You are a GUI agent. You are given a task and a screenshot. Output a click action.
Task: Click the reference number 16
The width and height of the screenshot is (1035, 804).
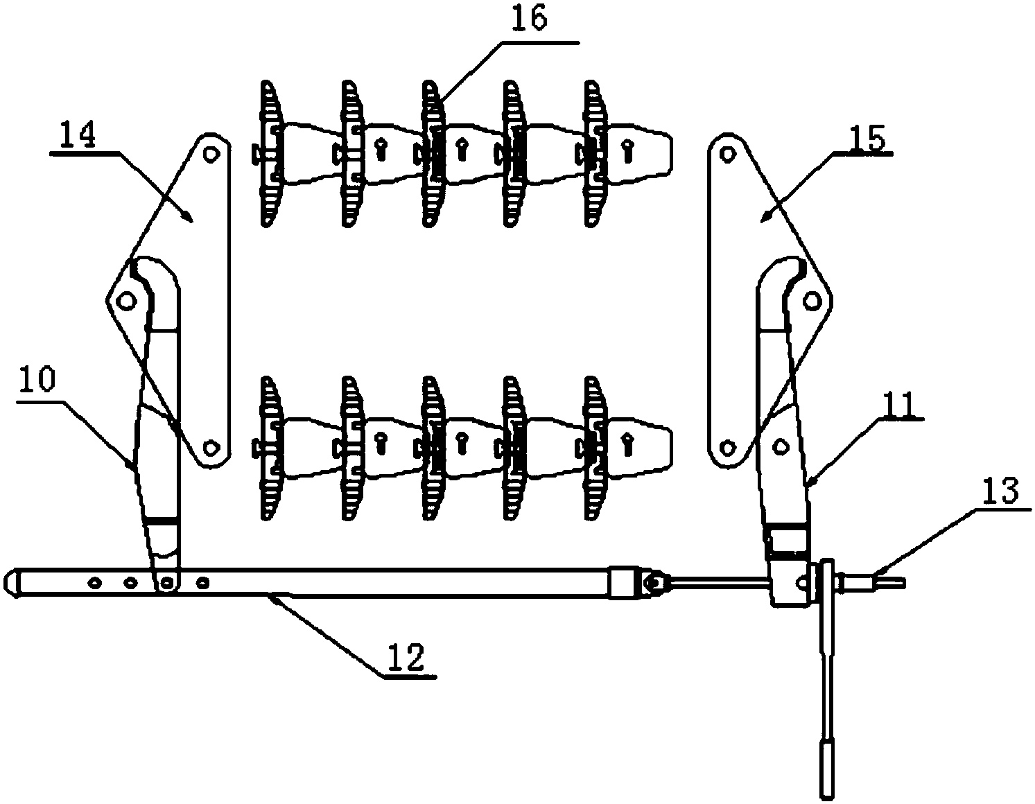(x=530, y=19)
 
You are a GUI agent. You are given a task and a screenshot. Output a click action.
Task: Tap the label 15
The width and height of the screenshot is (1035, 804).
(x=865, y=139)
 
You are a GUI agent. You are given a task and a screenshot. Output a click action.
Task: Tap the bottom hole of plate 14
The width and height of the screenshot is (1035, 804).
(x=209, y=446)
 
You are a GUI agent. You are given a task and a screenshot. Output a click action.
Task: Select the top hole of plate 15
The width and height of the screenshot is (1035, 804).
(x=727, y=156)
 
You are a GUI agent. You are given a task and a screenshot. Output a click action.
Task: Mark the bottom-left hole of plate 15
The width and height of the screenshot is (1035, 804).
(x=726, y=447)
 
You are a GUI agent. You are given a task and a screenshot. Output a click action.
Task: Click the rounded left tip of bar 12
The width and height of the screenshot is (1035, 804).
(x=12, y=581)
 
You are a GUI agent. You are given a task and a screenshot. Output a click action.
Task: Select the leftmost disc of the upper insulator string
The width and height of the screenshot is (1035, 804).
(x=268, y=153)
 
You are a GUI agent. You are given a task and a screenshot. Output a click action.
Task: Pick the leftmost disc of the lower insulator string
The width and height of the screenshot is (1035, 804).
(x=268, y=448)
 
